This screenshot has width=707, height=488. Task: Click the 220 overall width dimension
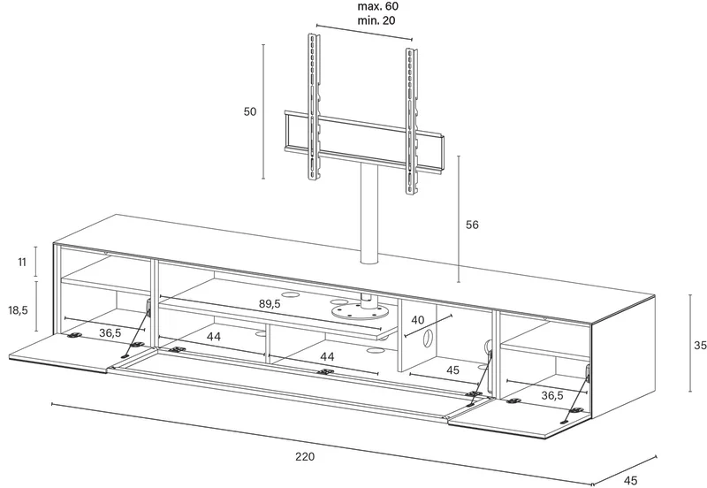(305, 456)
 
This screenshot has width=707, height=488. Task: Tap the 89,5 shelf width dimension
(270, 303)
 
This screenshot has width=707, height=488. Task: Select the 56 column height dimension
(472, 225)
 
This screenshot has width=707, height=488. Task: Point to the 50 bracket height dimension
(250, 111)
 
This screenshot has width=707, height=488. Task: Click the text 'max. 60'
(378, 6)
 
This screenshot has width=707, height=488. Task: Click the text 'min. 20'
(376, 20)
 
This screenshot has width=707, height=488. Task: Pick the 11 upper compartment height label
(22, 262)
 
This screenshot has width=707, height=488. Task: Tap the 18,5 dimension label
(18, 309)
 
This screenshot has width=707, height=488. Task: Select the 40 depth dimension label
(418, 320)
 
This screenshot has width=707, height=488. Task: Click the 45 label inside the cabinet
(452, 370)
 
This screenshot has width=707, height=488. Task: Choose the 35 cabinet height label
(700, 345)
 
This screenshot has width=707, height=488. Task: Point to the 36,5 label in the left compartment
(110, 333)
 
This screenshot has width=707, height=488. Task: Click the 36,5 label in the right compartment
(551, 395)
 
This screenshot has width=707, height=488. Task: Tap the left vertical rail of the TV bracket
(314, 107)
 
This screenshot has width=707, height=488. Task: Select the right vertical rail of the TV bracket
(411, 121)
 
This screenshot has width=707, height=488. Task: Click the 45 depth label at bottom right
(632, 481)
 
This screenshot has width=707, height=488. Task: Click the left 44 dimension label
(214, 337)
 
